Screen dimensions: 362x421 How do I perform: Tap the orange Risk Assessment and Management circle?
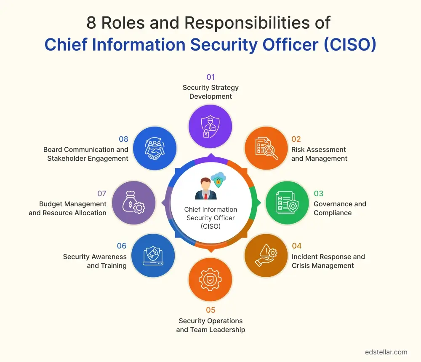click(x=266, y=149)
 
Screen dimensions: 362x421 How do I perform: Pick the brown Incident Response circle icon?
click(x=266, y=256)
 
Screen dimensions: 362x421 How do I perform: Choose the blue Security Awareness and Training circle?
click(x=153, y=256)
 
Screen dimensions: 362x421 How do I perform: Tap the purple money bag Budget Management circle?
click(x=134, y=203)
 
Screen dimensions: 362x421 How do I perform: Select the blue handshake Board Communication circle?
click(x=155, y=149)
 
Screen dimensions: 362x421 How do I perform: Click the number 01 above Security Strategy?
click(x=210, y=77)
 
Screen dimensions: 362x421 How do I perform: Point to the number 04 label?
click(x=296, y=246)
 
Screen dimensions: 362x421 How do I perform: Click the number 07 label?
click(x=102, y=194)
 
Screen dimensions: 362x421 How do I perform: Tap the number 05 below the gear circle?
click(x=210, y=311)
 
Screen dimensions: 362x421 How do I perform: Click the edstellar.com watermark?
click(x=386, y=352)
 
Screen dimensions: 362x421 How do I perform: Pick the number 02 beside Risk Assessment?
click(x=296, y=139)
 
